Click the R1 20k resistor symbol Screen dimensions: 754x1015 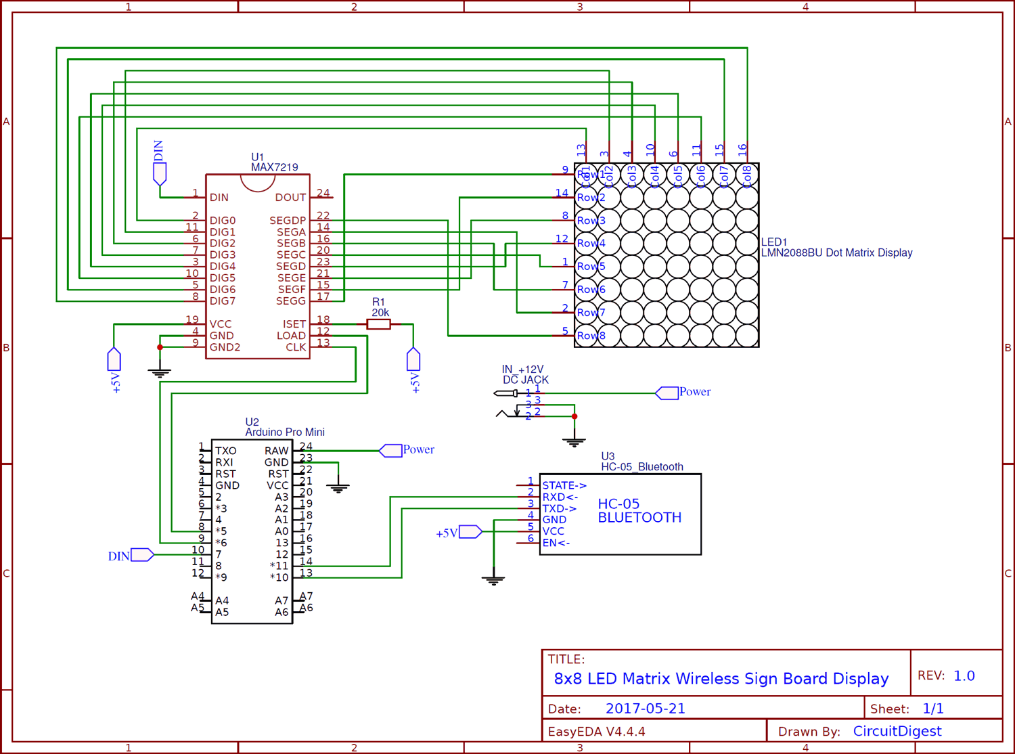(379, 324)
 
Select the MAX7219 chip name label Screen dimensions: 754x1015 (274, 167)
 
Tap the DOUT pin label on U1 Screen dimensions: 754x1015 (290, 198)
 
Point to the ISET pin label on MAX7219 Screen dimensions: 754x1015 (294, 324)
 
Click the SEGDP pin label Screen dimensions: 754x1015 (288, 221)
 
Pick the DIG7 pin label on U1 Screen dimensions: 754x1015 (223, 301)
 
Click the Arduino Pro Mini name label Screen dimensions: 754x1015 (285, 432)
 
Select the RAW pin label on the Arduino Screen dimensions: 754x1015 (276, 451)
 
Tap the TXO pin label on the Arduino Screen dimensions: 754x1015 (226, 451)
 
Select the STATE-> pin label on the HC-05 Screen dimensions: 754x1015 (564, 485)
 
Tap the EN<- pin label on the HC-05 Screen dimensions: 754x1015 (556, 543)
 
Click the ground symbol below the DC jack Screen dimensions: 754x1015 (574, 443)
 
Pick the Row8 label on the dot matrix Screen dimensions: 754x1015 (591, 336)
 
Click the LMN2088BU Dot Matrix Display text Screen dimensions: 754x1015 (836, 252)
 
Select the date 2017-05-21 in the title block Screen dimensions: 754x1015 (645, 709)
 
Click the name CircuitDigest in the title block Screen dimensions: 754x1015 (897, 731)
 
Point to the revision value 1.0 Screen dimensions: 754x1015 (964, 675)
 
